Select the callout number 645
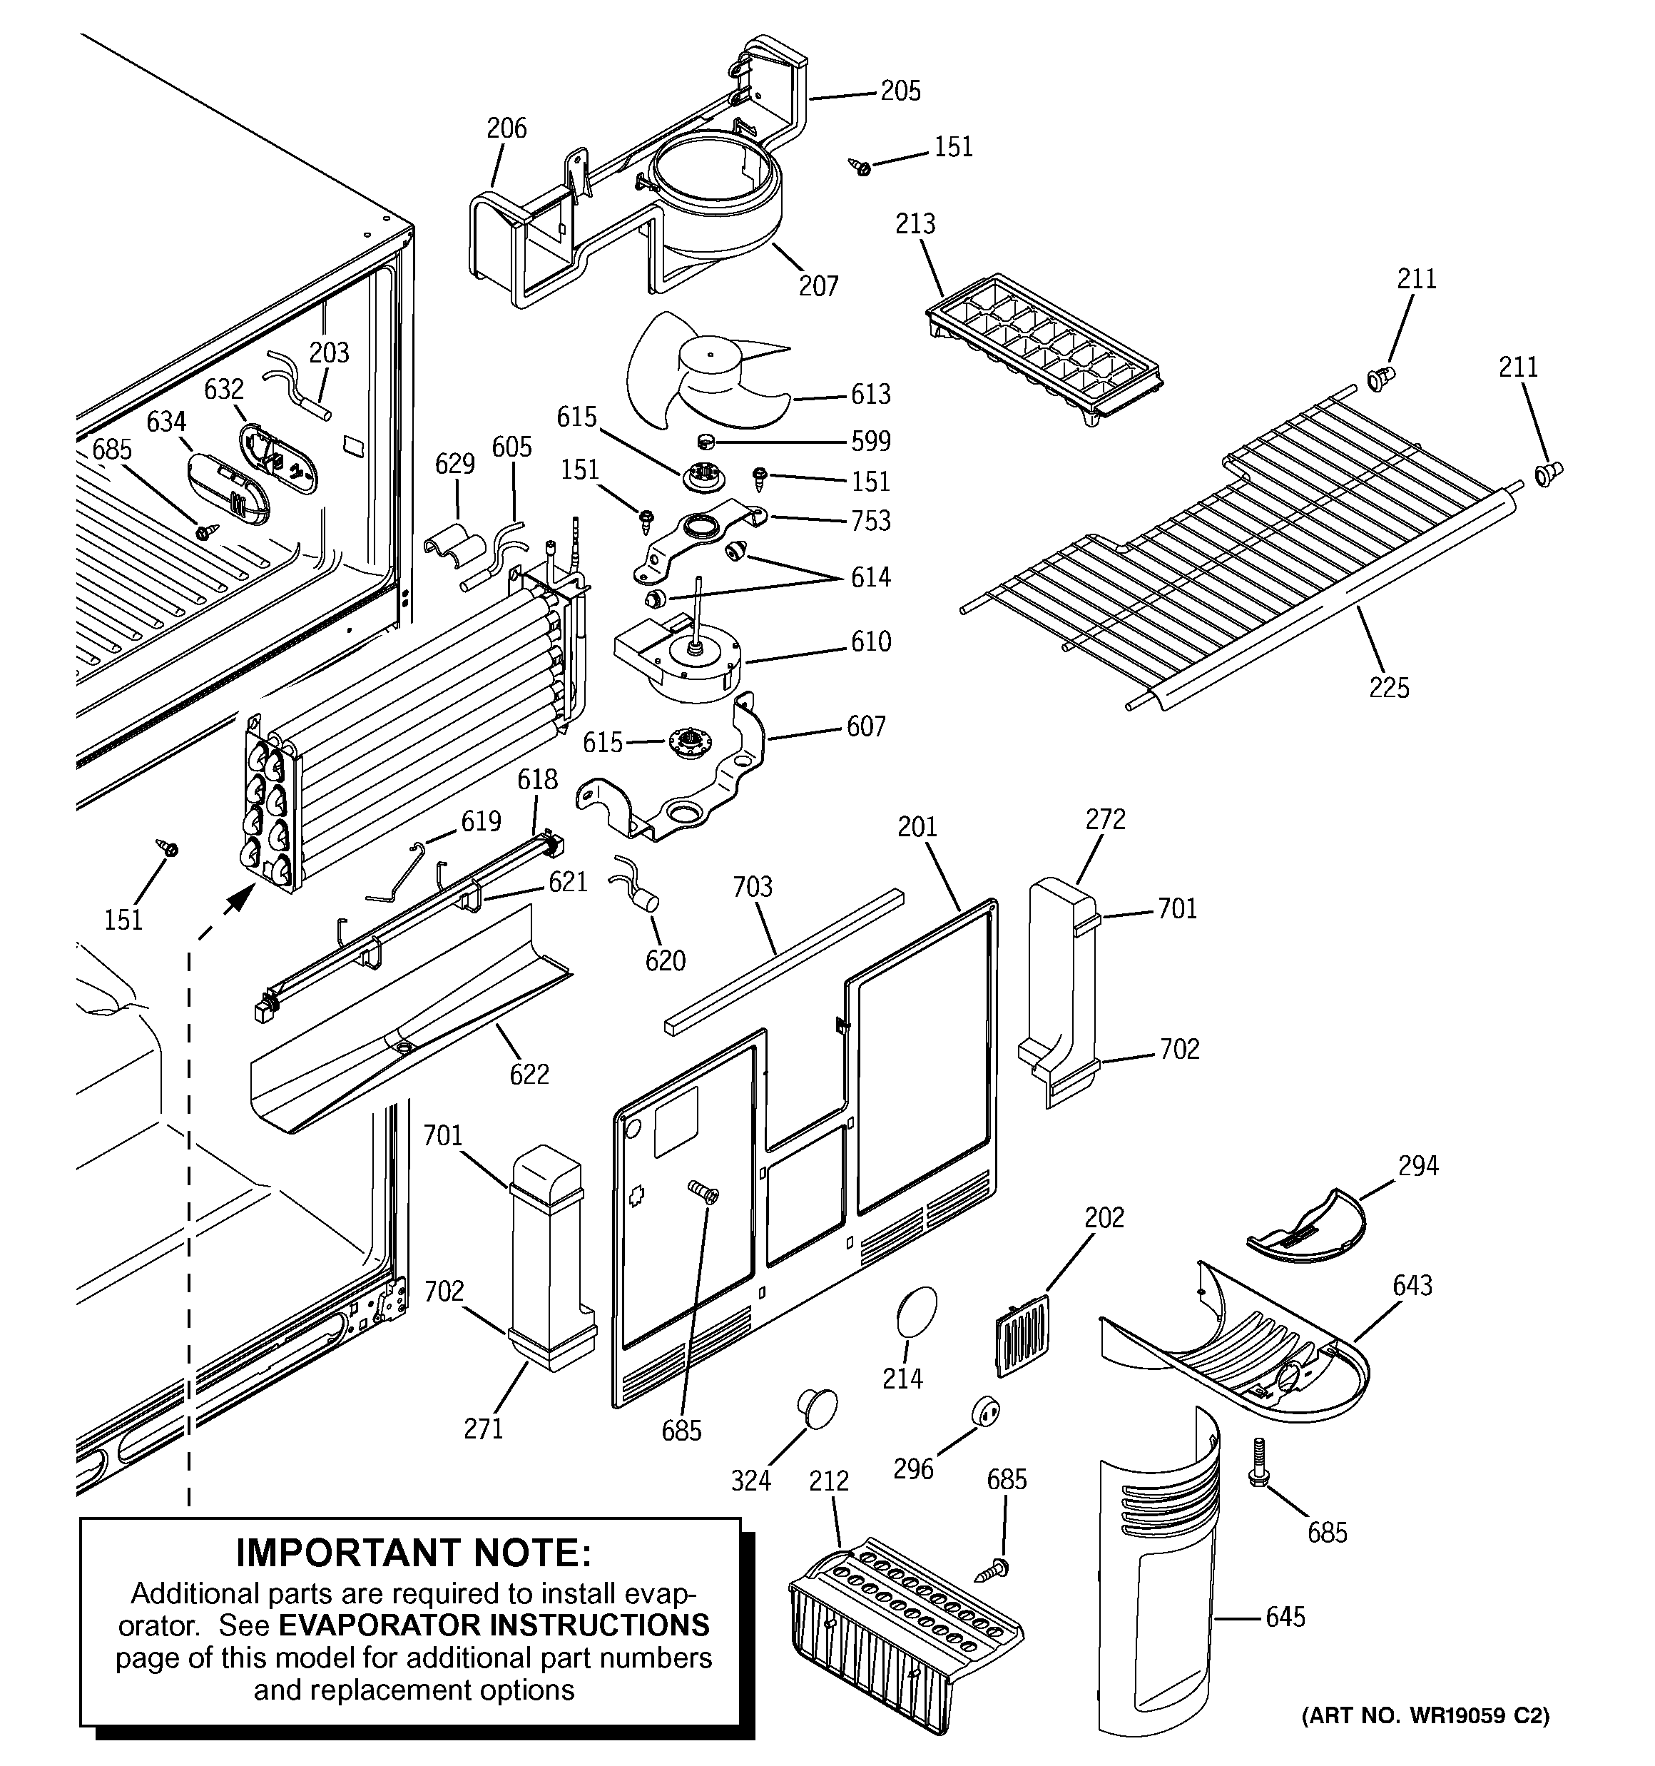pyautogui.click(x=1285, y=1617)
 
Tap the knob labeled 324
pyautogui.click(x=816, y=1408)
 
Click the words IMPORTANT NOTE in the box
pyautogui.click(x=413, y=1553)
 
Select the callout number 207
pyautogui.click(x=818, y=285)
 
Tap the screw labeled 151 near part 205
pyautogui.click(x=860, y=166)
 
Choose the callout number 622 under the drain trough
pyautogui.click(x=529, y=1074)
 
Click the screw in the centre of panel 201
pyautogui.click(x=706, y=1192)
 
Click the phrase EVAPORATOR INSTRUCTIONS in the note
pyautogui.click(x=494, y=1625)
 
